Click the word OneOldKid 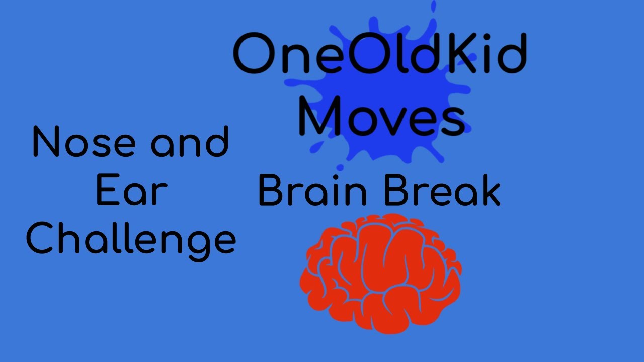coord(380,54)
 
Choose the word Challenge coord(131,240)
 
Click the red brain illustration coord(381,274)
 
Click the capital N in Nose coord(47,142)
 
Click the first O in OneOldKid coord(254,54)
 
